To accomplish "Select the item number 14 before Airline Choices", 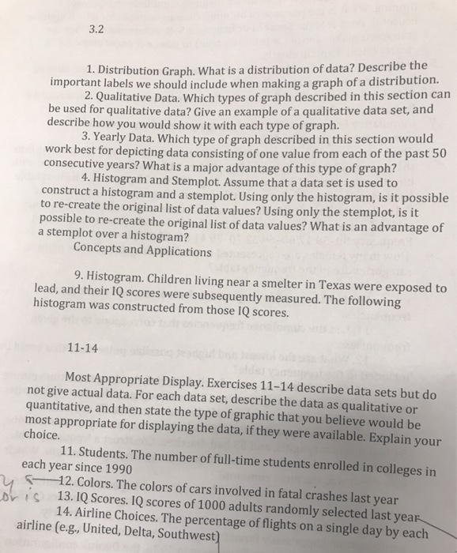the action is click(x=65, y=510).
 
